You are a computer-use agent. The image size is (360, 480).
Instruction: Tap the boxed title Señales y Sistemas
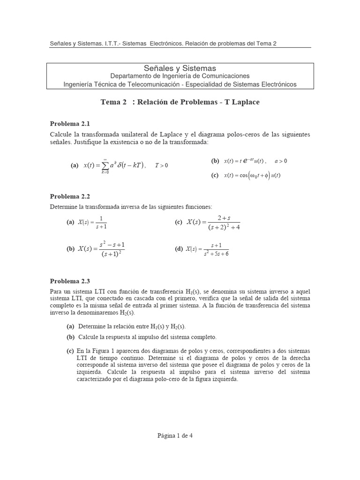point(180,68)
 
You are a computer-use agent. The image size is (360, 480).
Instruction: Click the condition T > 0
point(161,165)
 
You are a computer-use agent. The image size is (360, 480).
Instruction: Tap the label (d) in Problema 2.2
point(179,249)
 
